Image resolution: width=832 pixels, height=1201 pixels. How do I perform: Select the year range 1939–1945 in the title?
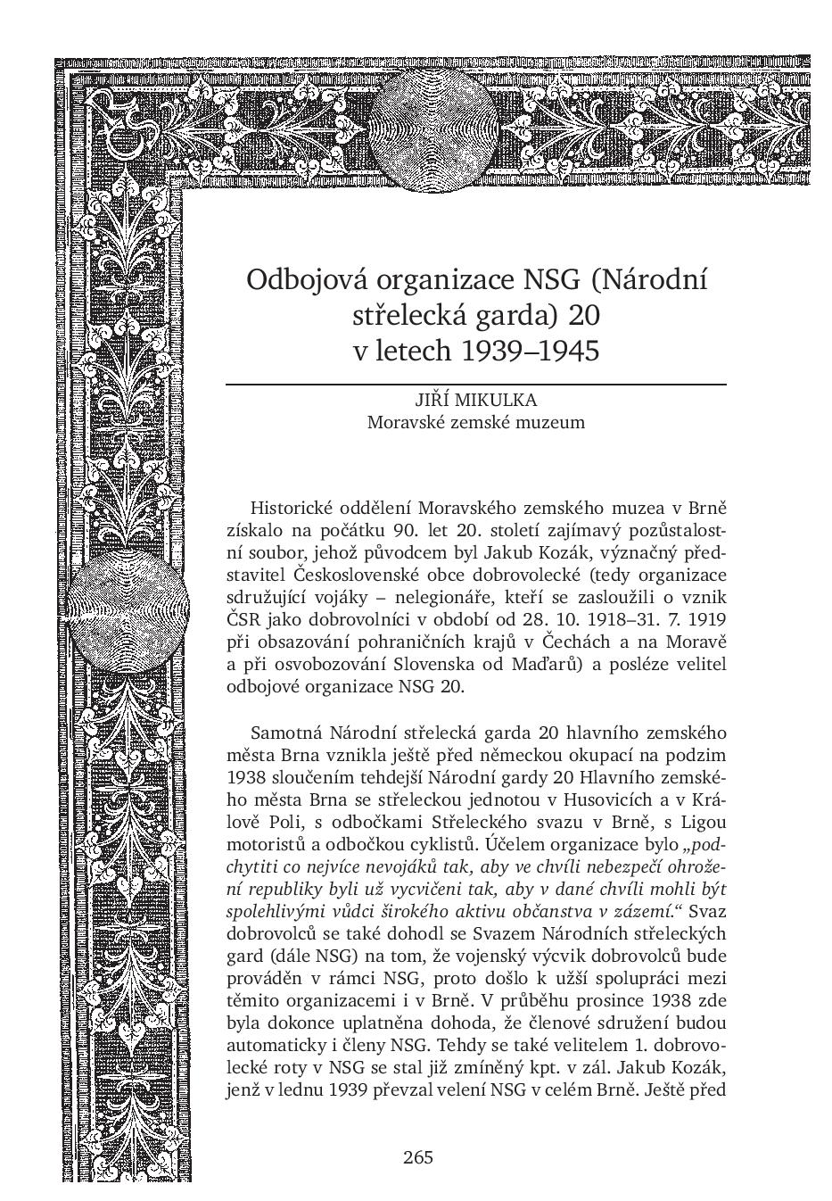pos(529,351)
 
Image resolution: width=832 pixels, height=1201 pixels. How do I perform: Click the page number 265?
pos(417,1157)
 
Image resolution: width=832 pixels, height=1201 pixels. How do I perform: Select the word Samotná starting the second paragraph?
pos(286,733)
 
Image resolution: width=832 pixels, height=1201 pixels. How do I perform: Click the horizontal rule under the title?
pos(476,384)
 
